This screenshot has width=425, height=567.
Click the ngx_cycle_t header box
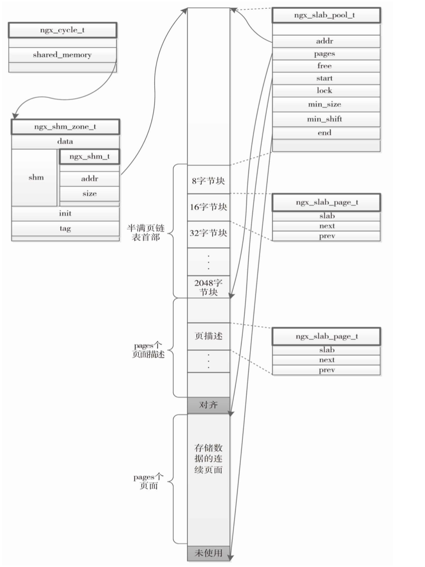click(62, 30)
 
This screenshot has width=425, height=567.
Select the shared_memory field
click(62, 55)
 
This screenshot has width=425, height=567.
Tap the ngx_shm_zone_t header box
click(65, 127)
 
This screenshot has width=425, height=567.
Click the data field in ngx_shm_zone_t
click(65, 142)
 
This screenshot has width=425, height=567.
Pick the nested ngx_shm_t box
click(89, 157)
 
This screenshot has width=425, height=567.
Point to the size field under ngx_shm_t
click(89, 193)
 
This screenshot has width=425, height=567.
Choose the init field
click(65, 214)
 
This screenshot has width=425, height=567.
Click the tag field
click(65, 229)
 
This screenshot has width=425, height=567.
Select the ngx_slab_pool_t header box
click(326, 15)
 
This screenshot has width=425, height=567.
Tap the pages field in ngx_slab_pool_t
click(326, 53)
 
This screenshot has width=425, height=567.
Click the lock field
click(326, 90)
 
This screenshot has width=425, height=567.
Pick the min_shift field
click(326, 119)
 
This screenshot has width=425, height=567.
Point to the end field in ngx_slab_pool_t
click(326, 132)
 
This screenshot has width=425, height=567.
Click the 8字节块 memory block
click(208, 180)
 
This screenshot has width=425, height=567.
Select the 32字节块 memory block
click(208, 234)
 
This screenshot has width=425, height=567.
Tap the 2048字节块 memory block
click(208, 287)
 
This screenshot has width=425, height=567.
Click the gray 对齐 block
click(208, 405)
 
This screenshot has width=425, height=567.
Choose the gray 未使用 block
click(208, 553)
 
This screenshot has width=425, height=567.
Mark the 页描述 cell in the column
click(208, 336)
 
